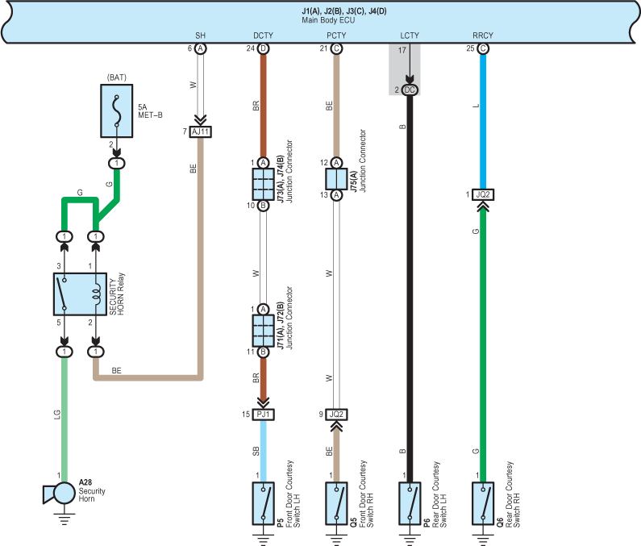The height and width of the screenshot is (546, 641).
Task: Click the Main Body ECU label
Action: coord(328,20)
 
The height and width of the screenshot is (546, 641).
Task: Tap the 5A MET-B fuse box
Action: coord(116,110)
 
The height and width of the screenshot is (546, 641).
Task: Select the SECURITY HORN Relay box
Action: coord(80,294)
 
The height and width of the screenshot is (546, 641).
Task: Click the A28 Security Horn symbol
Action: coord(60,494)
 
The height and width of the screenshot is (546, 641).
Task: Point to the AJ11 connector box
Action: coord(200,131)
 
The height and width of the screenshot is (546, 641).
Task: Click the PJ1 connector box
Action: coord(264,415)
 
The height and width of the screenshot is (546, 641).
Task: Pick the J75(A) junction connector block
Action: coord(336,179)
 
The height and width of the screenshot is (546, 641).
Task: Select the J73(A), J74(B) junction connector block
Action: coord(264,184)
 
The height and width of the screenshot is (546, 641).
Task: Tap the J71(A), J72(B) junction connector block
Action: coord(264,331)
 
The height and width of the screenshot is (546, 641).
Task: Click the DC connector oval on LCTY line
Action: coord(410,90)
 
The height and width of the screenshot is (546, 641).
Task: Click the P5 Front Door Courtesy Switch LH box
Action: coord(264,503)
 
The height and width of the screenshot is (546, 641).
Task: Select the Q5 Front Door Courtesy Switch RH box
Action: coord(336,503)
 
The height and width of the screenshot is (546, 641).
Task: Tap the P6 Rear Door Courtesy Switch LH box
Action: coord(410,503)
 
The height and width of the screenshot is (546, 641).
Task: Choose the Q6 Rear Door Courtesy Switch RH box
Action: coord(483,503)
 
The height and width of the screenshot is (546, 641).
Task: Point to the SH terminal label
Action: coord(200,35)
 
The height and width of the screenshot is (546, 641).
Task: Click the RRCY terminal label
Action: coord(483,35)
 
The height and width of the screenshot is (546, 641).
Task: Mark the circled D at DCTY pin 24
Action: coord(264,48)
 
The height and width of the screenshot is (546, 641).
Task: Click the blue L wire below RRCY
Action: coord(483,122)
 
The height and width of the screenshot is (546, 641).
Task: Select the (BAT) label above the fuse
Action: coord(116,77)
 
